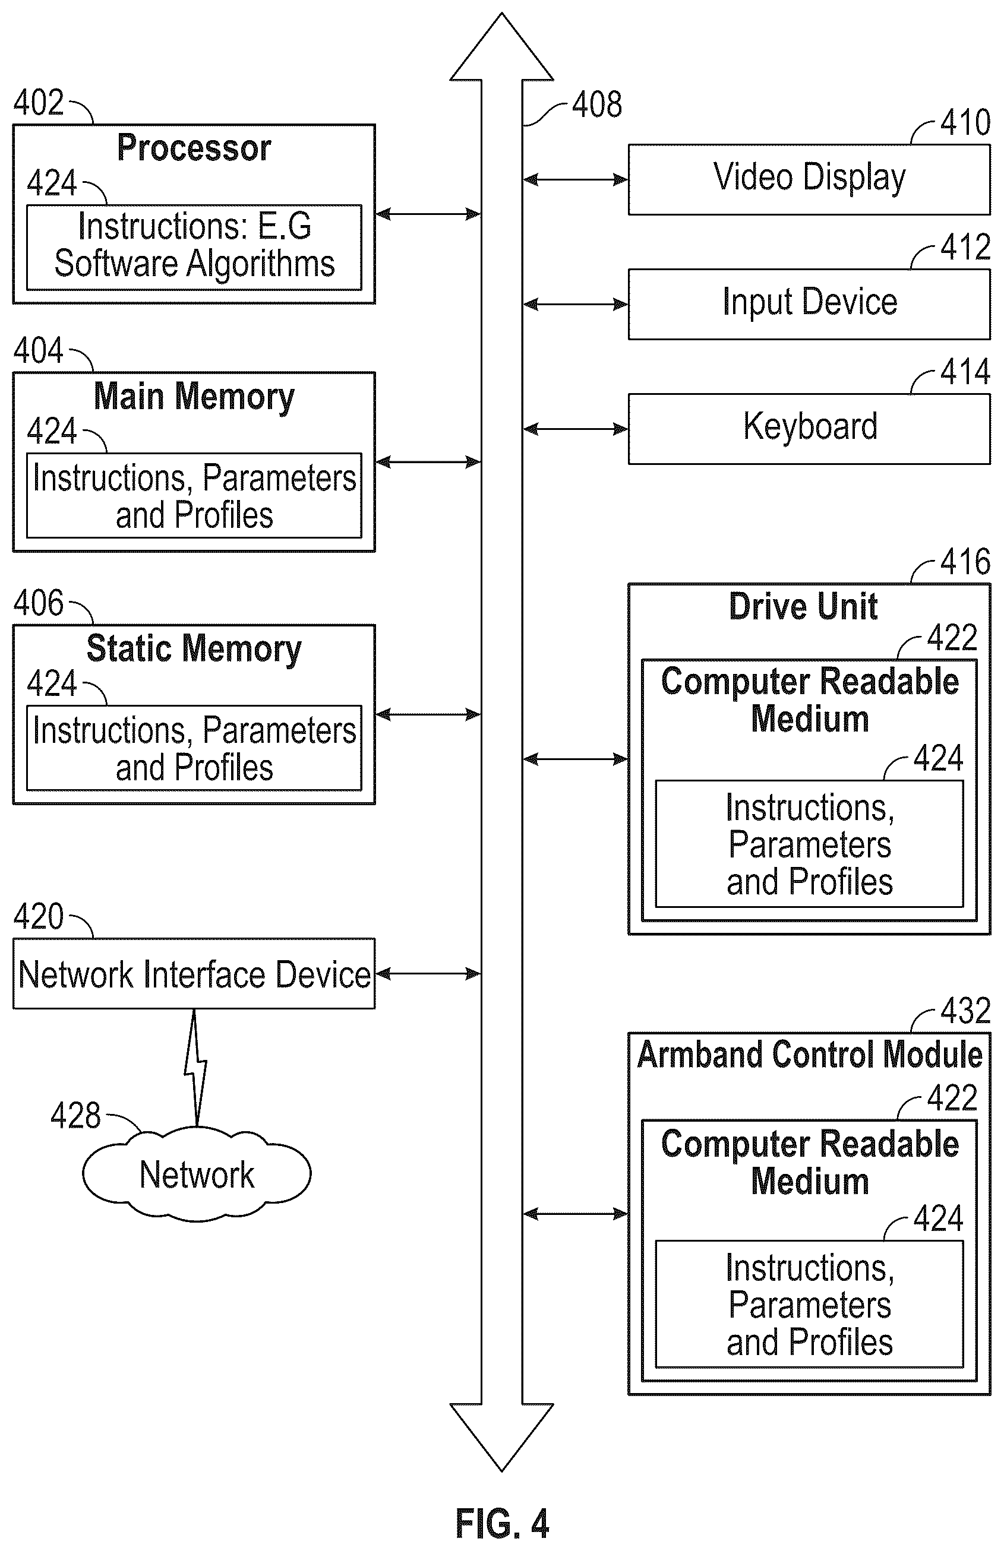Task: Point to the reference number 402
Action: coord(39,102)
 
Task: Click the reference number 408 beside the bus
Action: coord(597,105)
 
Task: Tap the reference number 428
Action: coord(75,1116)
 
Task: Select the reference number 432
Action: coord(965,1011)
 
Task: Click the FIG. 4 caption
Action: coord(502,1524)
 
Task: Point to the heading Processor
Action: coord(194,148)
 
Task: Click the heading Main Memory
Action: coord(194,397)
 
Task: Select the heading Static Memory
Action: coord(194,649)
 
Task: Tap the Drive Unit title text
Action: coord(803,606)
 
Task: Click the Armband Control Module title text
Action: coord(810,1055)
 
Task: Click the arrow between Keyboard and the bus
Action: coord(575,429)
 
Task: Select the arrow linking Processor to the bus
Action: coord(428,214)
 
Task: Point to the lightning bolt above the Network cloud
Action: coord(195,1068)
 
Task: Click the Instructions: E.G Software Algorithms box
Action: coord(194,248)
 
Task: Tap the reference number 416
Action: coord(965,562)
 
